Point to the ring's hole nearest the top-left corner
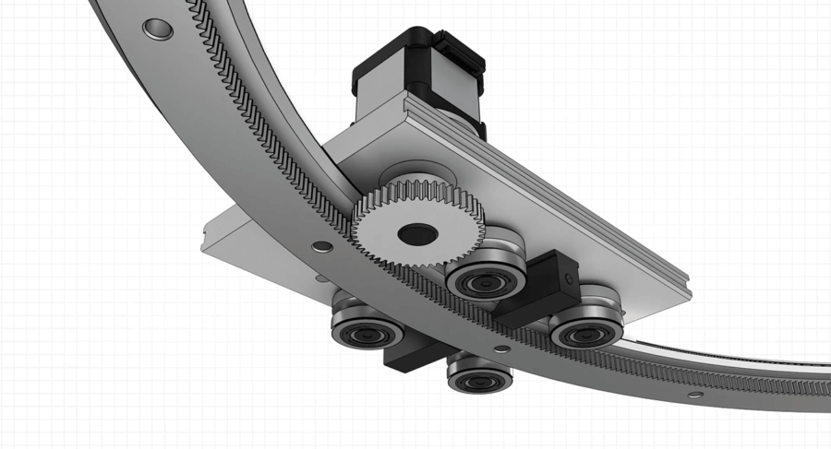coord(157,30)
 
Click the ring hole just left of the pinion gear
coord(322,247)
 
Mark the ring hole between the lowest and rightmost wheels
coord(500,349)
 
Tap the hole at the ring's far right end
coord(693,394)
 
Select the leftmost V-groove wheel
coord(367,331)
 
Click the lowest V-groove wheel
coord(478,378)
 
